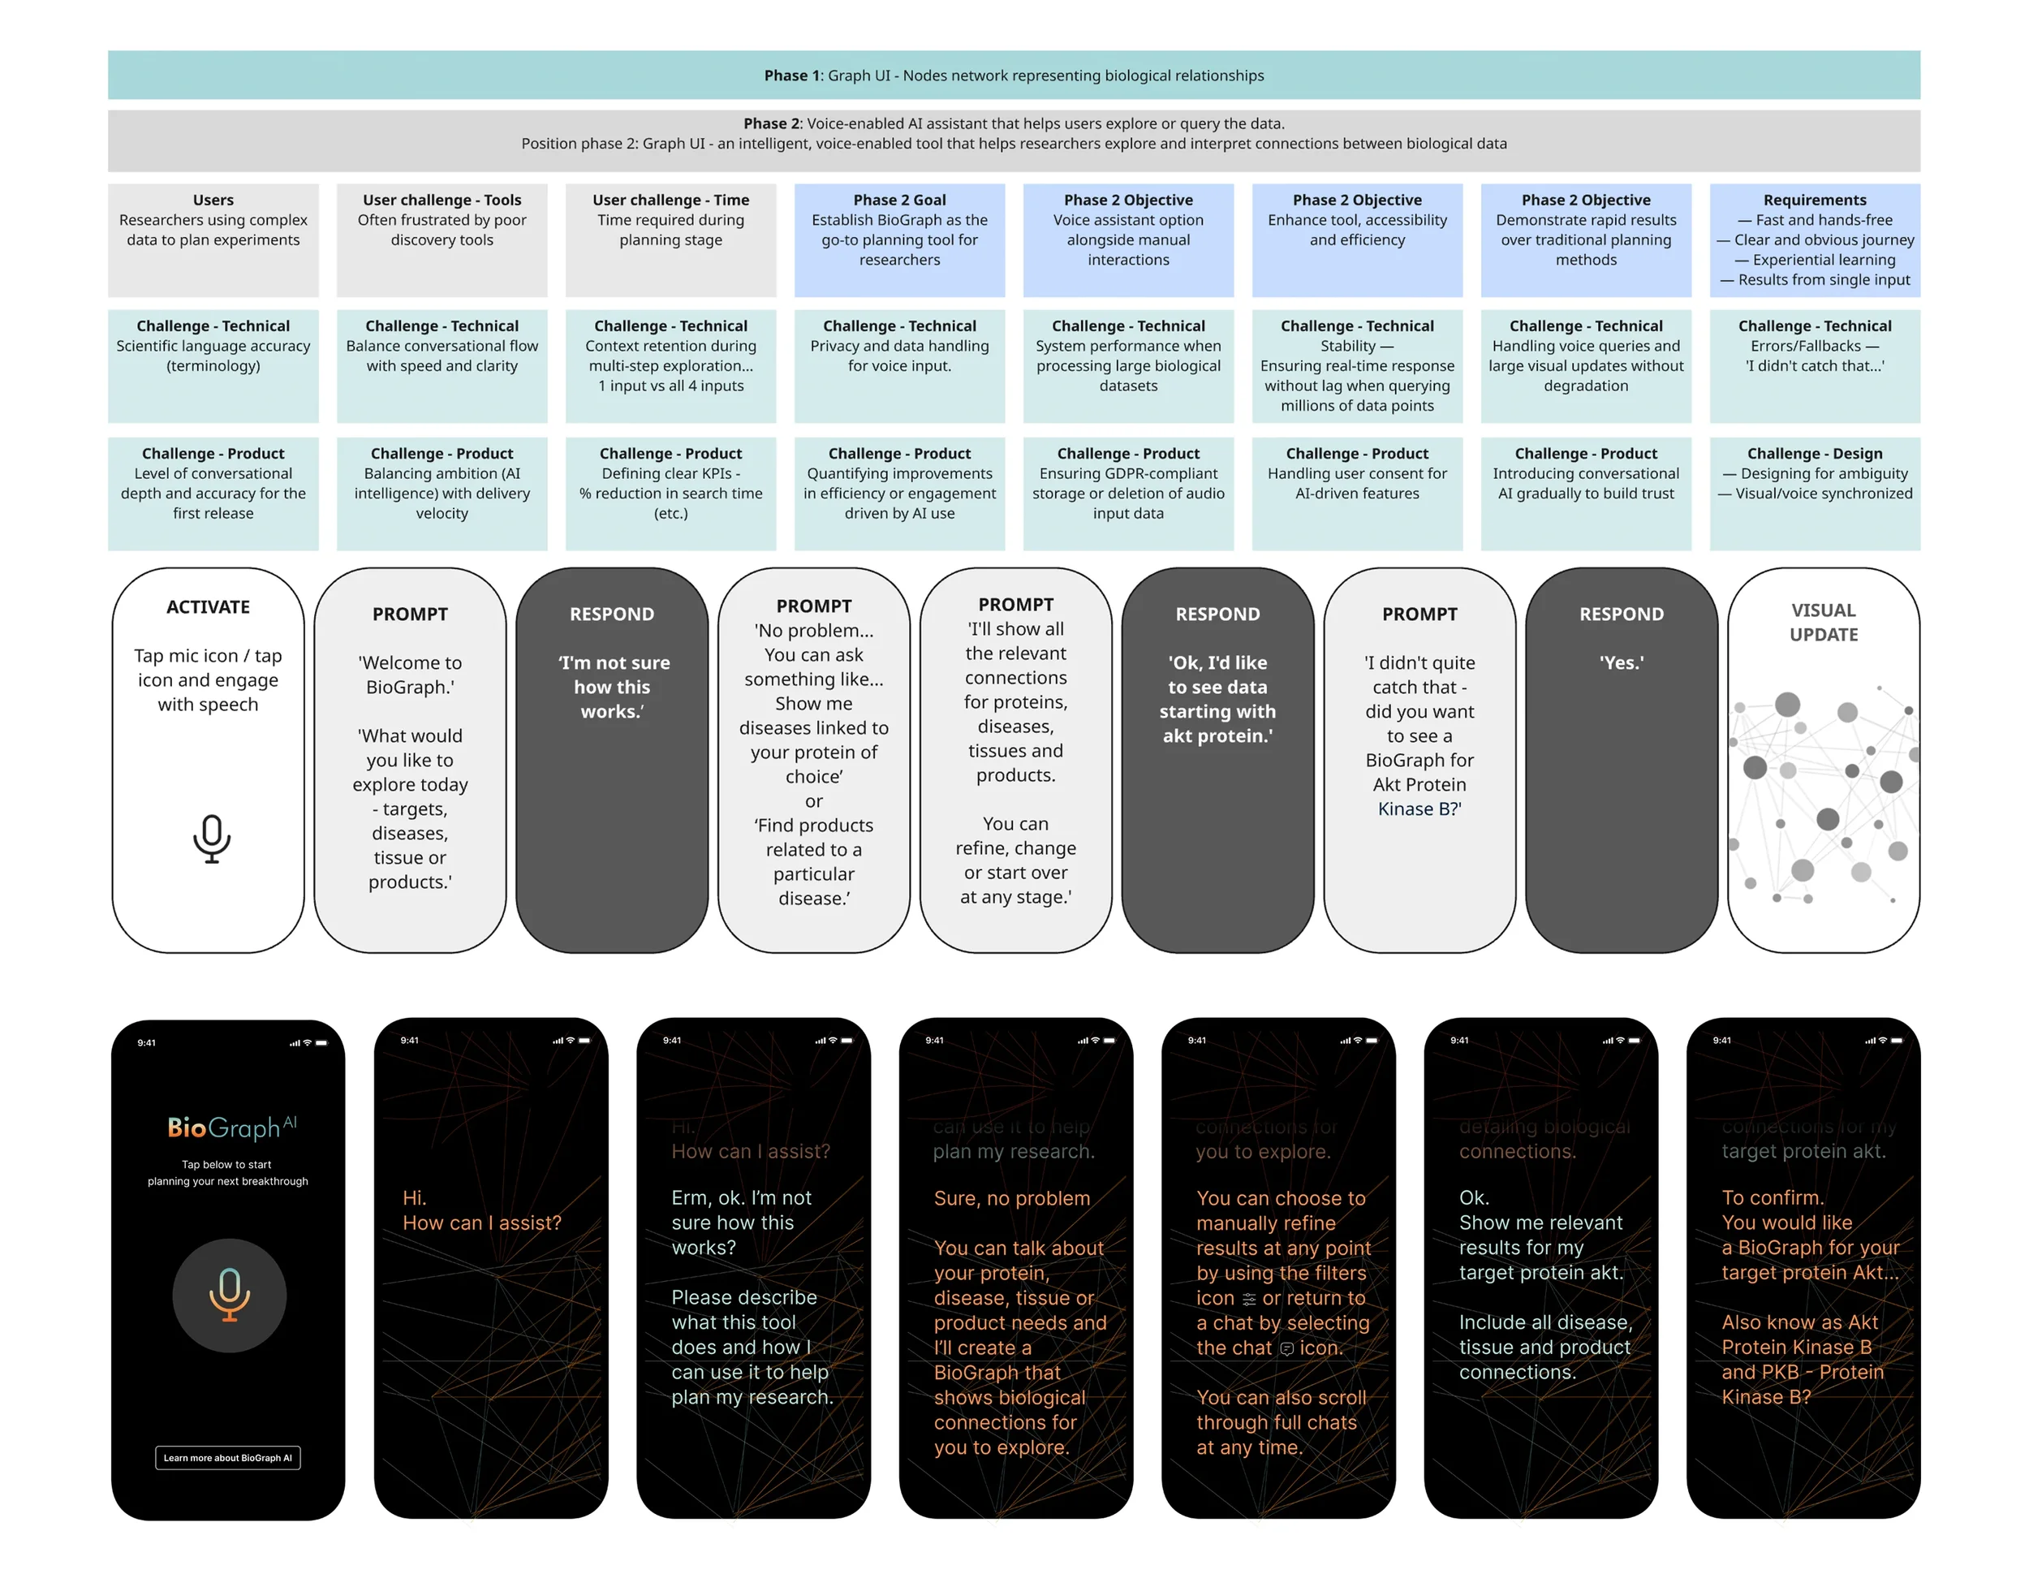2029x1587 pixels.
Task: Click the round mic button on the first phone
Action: point(230,1296)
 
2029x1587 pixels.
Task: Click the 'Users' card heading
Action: point(213,200)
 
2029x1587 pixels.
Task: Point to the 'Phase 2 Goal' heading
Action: point(899,200)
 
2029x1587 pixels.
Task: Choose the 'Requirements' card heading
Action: point(1815,200)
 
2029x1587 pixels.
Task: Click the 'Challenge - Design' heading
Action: point(1815,454)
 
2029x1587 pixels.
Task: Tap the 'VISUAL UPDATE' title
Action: point(1823,623)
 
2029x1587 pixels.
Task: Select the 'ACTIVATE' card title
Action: point(208,606)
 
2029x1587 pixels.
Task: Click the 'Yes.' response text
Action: point(1621,662)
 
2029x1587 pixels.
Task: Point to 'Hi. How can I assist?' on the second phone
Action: point(481,1210)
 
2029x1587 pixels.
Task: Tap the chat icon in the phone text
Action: point(1286,1349)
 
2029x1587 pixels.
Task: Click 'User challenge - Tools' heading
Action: point(442,200)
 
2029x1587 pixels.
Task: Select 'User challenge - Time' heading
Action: point(670,200)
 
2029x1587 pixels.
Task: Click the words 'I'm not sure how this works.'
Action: point(612,687)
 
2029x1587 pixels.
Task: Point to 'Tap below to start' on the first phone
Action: point(226,1164)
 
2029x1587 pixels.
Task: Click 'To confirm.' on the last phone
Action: point(1773,1197)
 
